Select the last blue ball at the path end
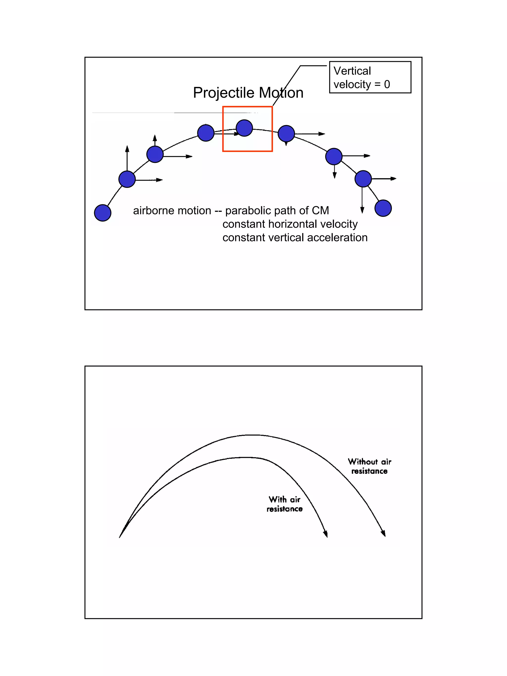pyautogui.click(x=383, y=208)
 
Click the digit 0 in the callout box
pyautogui.click(x=387, y=84)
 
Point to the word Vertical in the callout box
pyautogui.click(x=352, y=71)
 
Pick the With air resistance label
pyautogui.click(x=284, y=504)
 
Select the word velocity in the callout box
pyautogui.click(x=352, y=84)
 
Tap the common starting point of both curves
pyautogui.click(x=120, y=537)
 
